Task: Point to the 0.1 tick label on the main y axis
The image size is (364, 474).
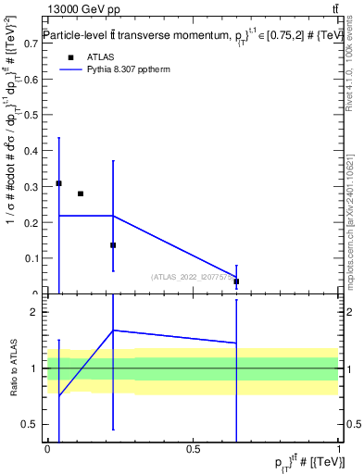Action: [x=30, y=258]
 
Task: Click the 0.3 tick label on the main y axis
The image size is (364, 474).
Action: [x=30, y=186]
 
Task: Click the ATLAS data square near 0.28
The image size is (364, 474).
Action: [x=81, y=193]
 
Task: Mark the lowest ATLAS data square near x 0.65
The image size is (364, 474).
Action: [x=236, y=281]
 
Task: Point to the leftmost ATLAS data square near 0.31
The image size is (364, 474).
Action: [x=58, y=183]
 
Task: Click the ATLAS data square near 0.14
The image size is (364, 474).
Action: [x=113, y=245]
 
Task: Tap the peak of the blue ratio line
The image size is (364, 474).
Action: [x=113, y=331]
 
